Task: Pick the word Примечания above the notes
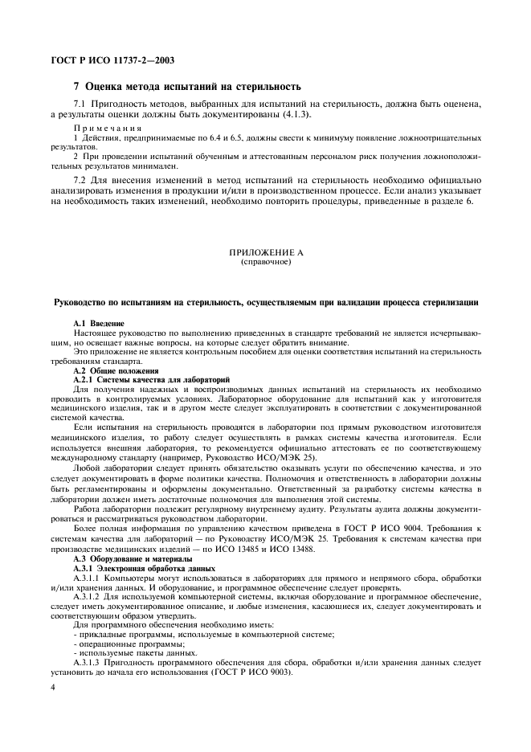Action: pyautogui.click(x=108, y=129)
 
